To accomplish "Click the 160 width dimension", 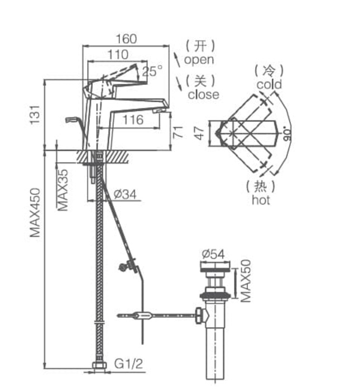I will pos(126,39).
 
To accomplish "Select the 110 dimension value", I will pos(117,55).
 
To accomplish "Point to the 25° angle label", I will pos(152,71).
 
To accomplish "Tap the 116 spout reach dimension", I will pos(133,120).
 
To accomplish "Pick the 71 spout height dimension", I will pos(177,132).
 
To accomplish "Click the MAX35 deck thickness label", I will pos(63,190).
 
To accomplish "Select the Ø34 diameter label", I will pos(125,194).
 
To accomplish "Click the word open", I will pos(199,59).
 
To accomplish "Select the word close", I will pos(203,94).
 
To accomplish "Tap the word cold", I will pos(269,84).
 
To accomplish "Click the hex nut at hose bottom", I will pos(99,367).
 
